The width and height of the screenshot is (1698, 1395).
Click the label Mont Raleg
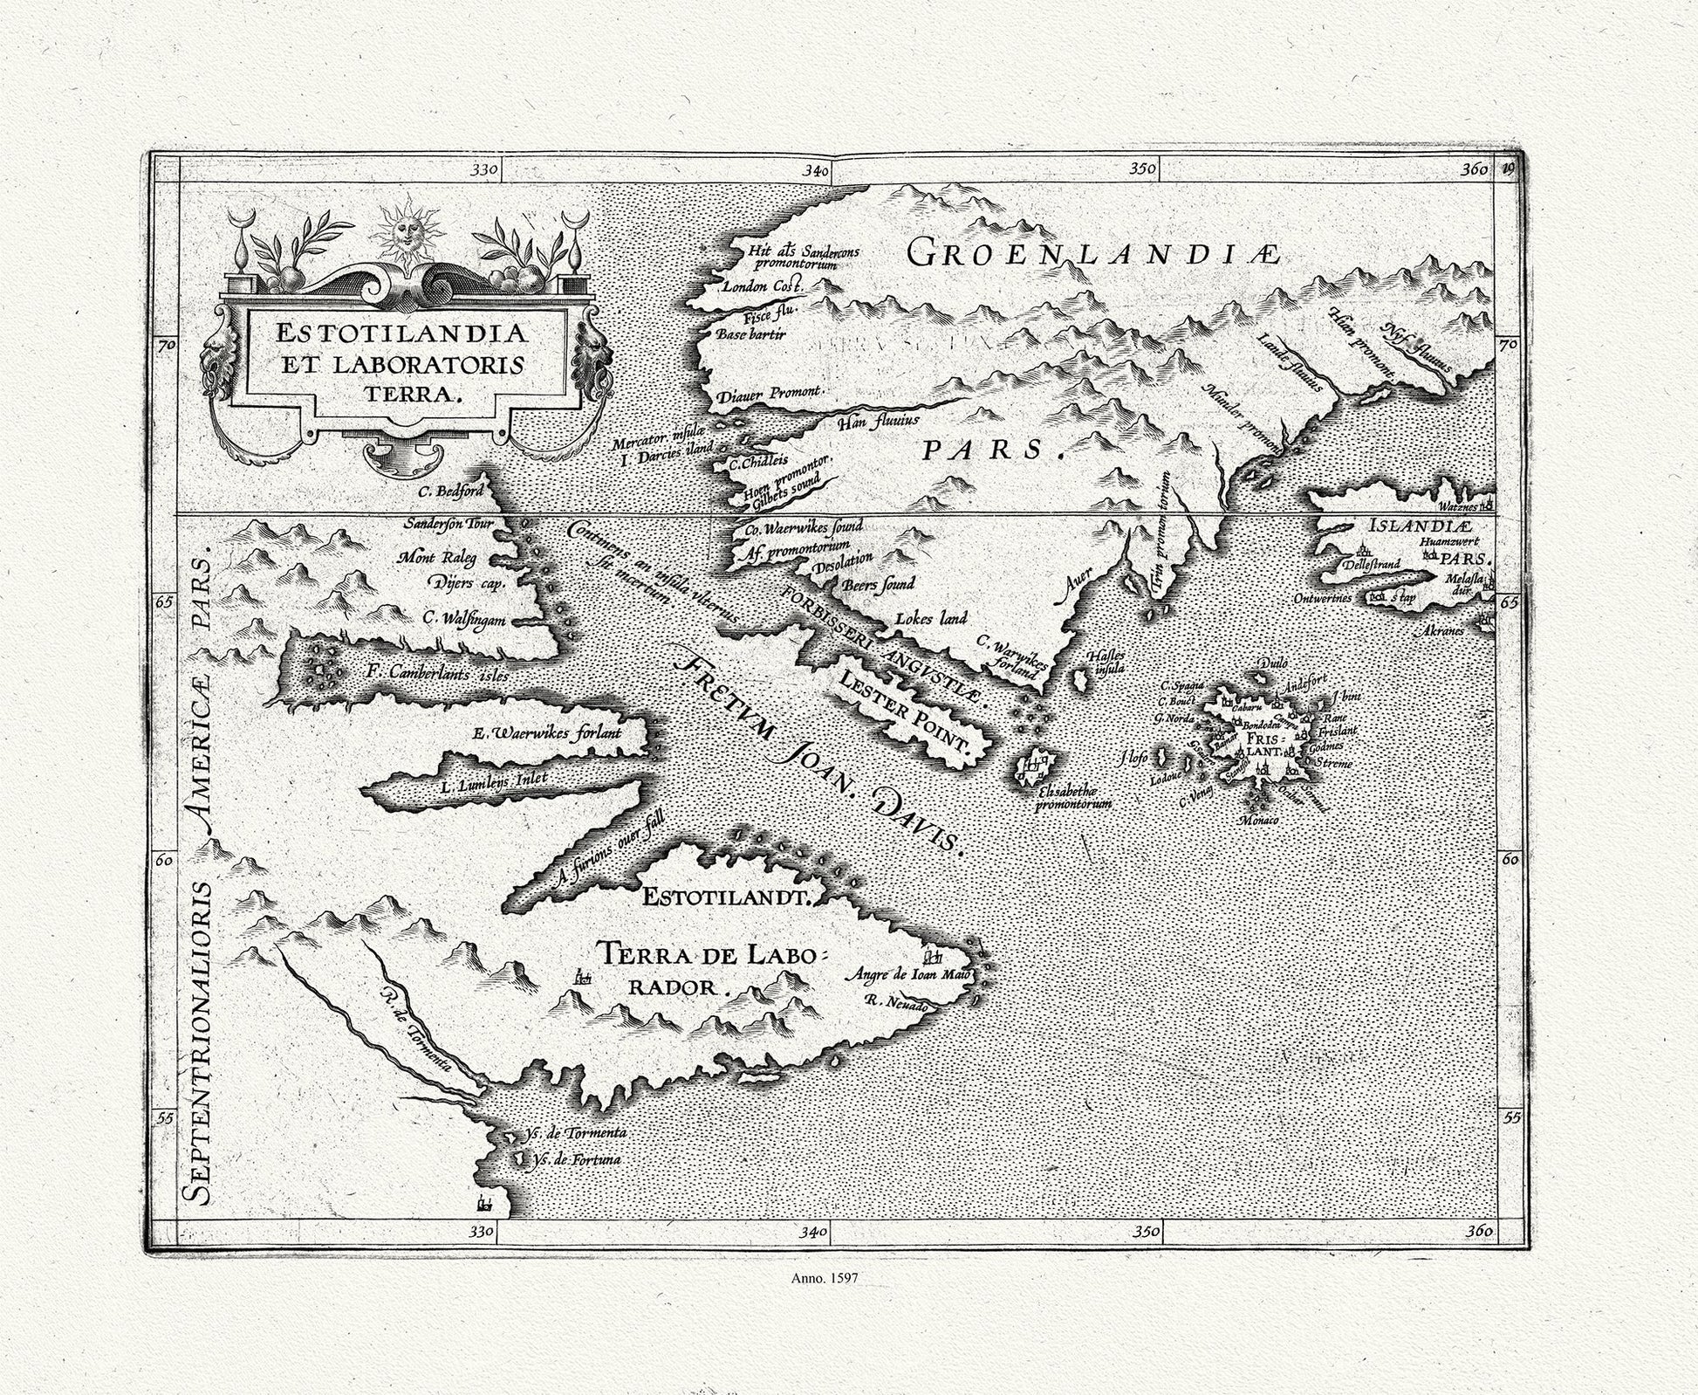pyautogui.click(x=437, y=557)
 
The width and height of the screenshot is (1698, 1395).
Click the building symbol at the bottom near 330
pyautogui.click(x=483, y=1204)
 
